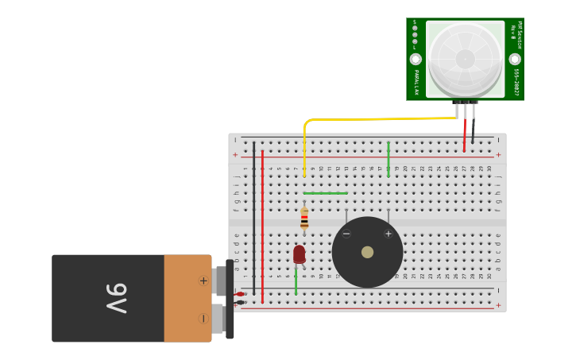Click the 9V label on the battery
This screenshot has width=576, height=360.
point(116,298)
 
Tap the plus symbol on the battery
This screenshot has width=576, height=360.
point(203,281)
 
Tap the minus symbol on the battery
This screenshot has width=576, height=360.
point(203,319)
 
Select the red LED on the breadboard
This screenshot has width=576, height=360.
point(299,254)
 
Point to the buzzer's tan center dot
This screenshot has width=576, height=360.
point(367,252)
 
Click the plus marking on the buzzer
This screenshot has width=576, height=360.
point(389,234)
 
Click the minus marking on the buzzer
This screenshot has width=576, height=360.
point(346,234)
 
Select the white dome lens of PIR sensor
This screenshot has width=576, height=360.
point(466,59)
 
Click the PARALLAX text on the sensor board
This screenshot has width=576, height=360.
point(416,81)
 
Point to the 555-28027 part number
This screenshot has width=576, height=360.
point(516,82)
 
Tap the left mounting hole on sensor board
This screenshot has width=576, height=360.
point(416,59)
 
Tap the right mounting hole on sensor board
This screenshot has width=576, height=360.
point(515,59)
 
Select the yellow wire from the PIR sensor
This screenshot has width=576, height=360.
point(373,119)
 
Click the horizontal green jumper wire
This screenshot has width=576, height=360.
point(326,193)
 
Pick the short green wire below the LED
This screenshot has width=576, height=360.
point(296,281)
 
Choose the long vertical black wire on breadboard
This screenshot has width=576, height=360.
point(253,219)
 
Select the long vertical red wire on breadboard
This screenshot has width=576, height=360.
point(262,226)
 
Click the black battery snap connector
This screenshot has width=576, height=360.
point(230,299)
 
